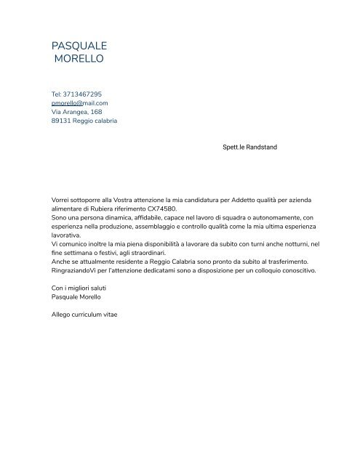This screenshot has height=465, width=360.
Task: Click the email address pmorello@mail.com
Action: pos(79,103)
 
